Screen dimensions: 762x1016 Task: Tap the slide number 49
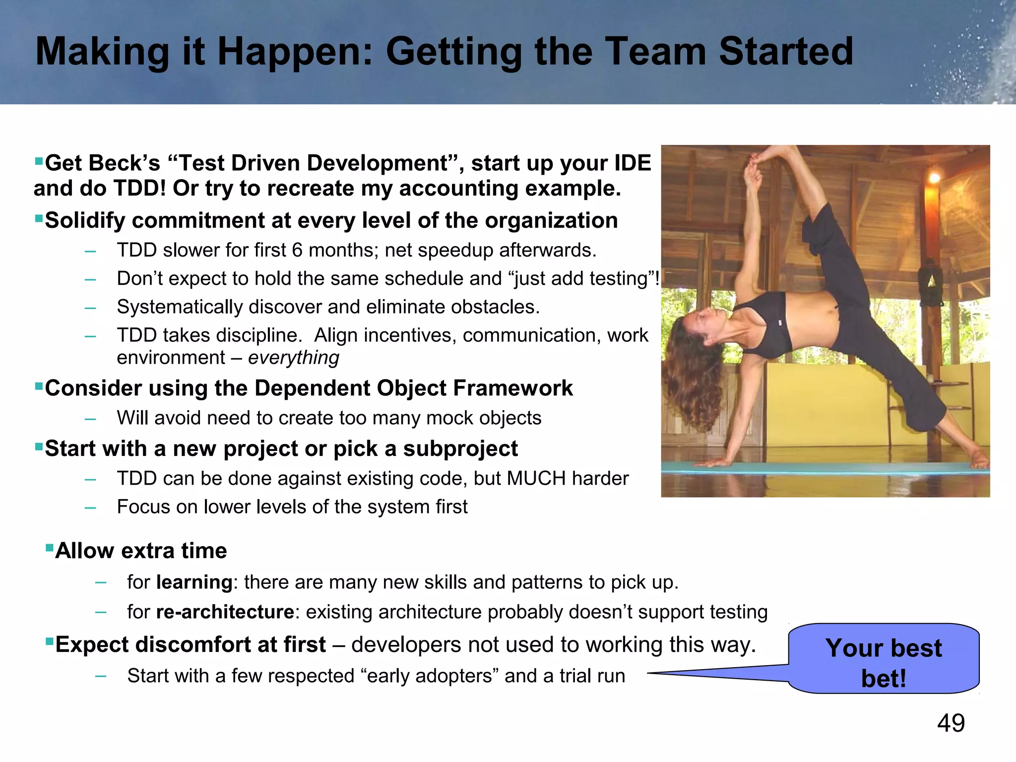[x=951, y=723]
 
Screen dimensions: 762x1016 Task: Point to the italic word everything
[x=293, y=358]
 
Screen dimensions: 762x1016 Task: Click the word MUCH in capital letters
[x=536, y=479]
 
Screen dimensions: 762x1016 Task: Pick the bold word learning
[x=194, y=582]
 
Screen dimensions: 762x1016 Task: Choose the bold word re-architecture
[x=225, y=612]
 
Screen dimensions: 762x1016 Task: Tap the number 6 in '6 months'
[x=297, y=250]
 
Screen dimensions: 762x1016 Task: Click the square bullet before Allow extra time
[x=49, y=548]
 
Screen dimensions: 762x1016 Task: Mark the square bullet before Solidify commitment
[x=39, y=218]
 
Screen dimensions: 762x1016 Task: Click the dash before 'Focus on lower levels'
[x=90, y=508]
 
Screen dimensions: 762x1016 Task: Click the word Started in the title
[x=785, y=52]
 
